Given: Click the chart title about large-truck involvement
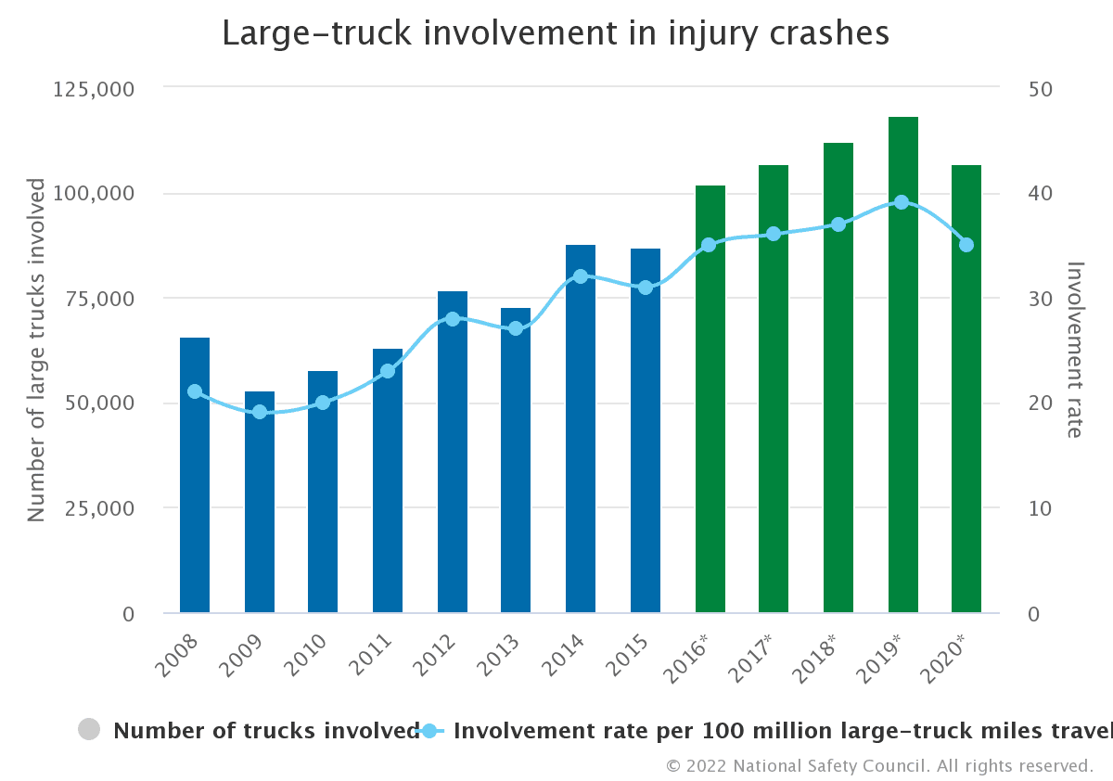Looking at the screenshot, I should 556,33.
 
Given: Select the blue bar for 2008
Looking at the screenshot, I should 195,475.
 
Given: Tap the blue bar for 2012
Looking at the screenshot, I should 453,452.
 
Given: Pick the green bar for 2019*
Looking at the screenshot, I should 902,365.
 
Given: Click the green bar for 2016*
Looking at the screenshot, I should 710,399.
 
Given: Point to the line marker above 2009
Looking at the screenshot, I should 260,412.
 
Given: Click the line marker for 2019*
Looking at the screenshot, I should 902,202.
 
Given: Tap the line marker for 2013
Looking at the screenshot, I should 516,328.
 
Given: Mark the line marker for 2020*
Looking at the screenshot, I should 966,245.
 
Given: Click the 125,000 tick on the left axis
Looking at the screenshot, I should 96,89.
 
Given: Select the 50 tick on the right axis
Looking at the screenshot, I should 1041,89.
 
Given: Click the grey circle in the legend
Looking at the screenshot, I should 89,730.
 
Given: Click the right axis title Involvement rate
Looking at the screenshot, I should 1074,349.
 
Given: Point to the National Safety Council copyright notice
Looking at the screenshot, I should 879,766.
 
